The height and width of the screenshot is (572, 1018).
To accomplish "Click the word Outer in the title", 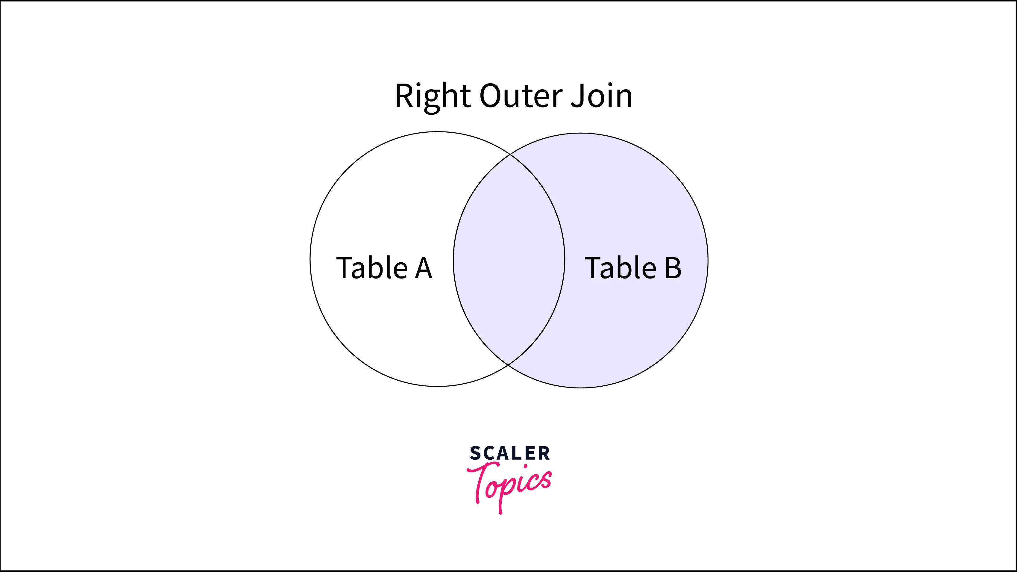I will coord(521,96).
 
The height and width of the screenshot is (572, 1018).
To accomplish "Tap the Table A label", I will coord(384,268).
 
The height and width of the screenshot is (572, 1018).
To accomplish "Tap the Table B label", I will coord(633,268).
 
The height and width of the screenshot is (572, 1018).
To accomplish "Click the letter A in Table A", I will coord(423,268).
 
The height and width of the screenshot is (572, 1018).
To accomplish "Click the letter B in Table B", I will coord(673,268).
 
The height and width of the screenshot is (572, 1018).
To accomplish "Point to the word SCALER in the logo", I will coord(509,453).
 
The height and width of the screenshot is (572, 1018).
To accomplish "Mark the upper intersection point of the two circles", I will coord(510,155).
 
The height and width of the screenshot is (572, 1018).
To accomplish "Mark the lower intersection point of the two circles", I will coord(508,364).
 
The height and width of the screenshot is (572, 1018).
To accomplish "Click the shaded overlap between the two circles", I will coord(509,260).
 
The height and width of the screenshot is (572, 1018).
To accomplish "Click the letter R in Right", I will coord(404,96).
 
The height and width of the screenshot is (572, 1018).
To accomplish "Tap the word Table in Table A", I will coord(372,268).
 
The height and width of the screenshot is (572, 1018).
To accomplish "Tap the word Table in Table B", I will coord(620,268).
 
